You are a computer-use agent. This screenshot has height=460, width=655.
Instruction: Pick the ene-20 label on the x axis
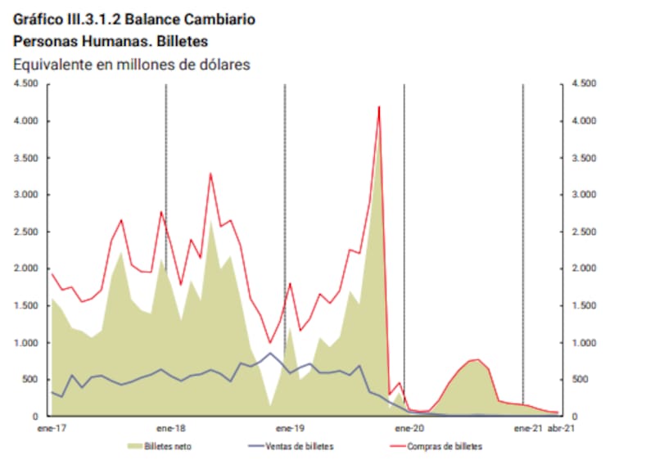409,427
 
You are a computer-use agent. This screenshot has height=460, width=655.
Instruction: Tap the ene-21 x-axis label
526,427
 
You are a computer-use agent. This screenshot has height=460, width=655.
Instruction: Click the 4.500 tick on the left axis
27,83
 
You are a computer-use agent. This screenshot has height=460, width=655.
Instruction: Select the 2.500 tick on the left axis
27,232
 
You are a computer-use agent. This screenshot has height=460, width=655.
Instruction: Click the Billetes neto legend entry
169,447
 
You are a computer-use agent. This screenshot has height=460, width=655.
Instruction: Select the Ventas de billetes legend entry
305,447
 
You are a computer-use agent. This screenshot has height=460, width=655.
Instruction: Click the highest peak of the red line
379,106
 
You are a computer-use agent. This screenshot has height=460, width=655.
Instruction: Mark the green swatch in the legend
134,447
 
